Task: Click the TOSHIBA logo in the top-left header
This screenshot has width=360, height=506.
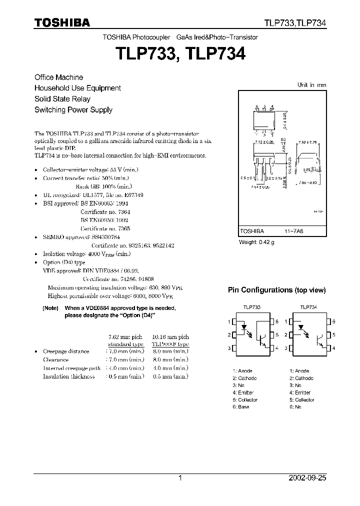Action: pos(62,22)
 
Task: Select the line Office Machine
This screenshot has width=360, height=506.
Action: pos(58,77)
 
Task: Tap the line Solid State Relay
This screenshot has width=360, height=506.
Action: pos(62,99)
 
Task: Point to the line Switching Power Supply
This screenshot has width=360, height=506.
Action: pos(73,110)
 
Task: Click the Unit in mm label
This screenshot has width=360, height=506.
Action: pos(311,85)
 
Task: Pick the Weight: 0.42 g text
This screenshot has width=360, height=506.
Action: pos(257,242)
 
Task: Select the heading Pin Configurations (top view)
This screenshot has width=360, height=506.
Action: pos(277,290)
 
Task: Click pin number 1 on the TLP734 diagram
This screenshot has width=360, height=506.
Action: pos(286,322)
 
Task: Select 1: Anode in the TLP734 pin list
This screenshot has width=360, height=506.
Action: pos(299,371)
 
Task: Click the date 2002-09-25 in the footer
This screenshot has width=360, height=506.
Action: pos(307,478)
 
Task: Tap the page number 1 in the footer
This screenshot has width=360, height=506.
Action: pos(180,478)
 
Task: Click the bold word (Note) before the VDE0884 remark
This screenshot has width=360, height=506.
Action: pos(50,308)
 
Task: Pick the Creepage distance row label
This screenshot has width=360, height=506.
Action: pos(66,351)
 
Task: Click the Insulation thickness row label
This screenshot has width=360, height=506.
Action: pos(69,376)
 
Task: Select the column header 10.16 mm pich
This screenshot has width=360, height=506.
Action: pos(170,337)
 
